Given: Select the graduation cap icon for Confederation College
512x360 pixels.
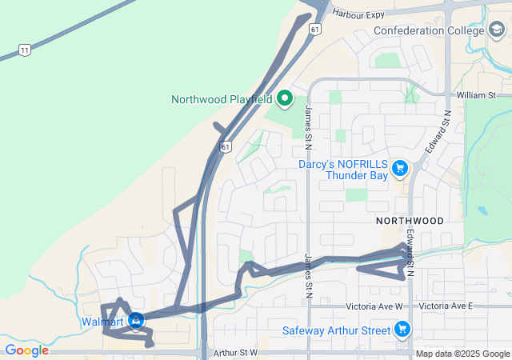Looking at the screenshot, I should click(x=498, y=30).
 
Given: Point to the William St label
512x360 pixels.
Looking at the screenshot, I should click(x=477, y=95).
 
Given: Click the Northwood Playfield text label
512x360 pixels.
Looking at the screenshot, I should click(x=222, y=100).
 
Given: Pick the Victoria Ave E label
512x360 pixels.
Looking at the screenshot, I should click(x=446, y=306).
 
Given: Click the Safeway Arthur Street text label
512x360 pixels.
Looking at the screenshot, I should click(x=335, y=330).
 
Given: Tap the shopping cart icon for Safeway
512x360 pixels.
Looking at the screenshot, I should click(x=402, y=330).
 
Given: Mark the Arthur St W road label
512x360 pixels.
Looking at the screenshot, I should click(x=236, y=352).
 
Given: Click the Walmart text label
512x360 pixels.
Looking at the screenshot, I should click(x=102, y=322).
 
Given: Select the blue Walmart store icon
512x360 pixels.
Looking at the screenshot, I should click(x=136, y=322).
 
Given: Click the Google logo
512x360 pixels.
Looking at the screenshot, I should click(x=26, y=350).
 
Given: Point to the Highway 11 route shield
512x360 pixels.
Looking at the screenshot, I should click(x=25, y=50).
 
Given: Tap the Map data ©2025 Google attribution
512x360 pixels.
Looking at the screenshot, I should click(x=462, y=354).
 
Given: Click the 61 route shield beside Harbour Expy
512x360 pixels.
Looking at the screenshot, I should click(x=315, y=29).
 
